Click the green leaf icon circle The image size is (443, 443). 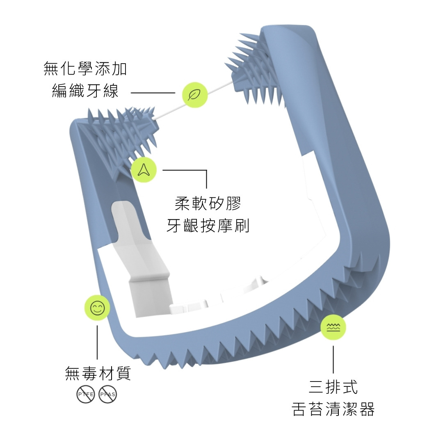(194, 95)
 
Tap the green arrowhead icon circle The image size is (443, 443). (144, 169)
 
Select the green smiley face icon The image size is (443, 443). (97, 308)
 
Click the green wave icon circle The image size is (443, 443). (333, 327)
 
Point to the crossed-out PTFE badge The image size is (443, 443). (86, 395)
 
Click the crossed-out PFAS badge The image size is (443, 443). (108, 395)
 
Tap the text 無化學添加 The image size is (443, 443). (85, 69)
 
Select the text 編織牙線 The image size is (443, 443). (85, 91)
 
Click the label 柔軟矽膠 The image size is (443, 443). (208, 203)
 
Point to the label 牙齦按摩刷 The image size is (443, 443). (208, 226)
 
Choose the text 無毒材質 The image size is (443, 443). (98, 373)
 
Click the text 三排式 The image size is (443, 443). (333, 387)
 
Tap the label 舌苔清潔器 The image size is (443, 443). (333, 409)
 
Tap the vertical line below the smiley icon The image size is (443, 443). (97, 343)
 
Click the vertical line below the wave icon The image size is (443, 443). (333, 359)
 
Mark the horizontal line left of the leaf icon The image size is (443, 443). (153, 93)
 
